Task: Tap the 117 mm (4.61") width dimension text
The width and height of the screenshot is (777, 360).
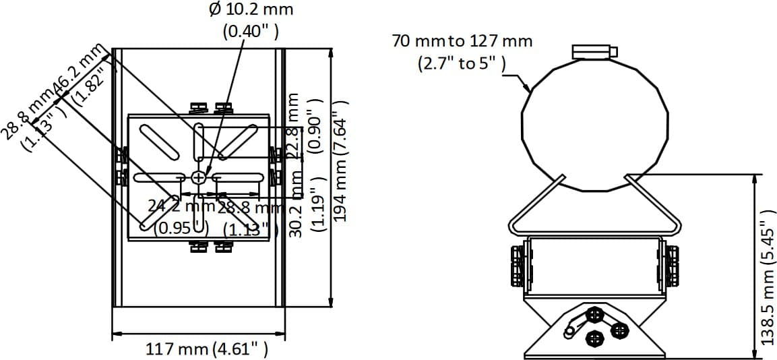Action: (207, 349)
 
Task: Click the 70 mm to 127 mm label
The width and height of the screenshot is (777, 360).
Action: (462, 41)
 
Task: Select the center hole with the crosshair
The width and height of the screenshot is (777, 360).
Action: (199, 177)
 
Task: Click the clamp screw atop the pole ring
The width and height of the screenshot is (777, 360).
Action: (593, 52)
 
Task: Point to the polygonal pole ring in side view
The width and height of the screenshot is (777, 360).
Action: (596, 122)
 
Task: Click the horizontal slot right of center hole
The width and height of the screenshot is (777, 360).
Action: (237, 177)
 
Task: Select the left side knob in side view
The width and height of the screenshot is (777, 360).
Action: (518, 264)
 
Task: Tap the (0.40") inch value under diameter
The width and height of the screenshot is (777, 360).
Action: (251, 32)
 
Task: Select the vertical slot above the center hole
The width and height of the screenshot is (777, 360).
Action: (199, 144)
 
